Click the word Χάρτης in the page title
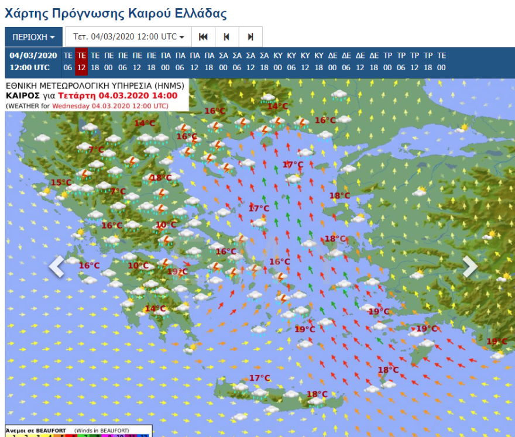[25, 13]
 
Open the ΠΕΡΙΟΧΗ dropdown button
[33, 37]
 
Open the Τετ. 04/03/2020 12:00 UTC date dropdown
[128, 37]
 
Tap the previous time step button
[226, 37]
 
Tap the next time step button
[250, 37]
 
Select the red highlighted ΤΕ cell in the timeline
[81, 61]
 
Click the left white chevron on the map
[56, 266]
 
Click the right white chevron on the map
[470, 266]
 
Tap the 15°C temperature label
[60, 183]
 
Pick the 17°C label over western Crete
[259, 378]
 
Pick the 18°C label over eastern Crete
[317, 394]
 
